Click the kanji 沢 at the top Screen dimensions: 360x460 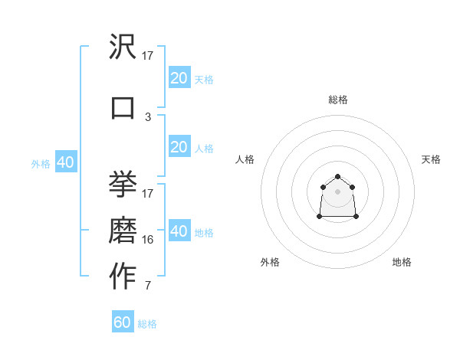pos(123,47)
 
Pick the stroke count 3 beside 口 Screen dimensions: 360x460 pos(148,117)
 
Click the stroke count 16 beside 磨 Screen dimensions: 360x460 pos(148,240)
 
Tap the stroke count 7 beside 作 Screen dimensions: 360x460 pos(148,286)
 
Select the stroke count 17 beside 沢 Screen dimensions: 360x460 pos(148,55)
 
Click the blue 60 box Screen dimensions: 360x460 pos(123,322)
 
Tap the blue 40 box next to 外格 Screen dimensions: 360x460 pos(65,162)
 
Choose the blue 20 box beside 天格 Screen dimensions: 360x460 pos(179,78)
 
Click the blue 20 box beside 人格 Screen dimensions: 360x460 pos(179,147)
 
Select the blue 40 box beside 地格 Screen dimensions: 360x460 pos(179,231)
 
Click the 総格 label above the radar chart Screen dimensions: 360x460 pos(338,100)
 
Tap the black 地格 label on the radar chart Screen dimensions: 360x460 pos(402,262)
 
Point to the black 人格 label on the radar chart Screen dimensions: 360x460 pos(245,159)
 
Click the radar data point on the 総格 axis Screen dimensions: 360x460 pos(338,177)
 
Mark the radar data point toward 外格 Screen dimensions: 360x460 pos(320,217)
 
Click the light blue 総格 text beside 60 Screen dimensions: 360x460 pos(147,324)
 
